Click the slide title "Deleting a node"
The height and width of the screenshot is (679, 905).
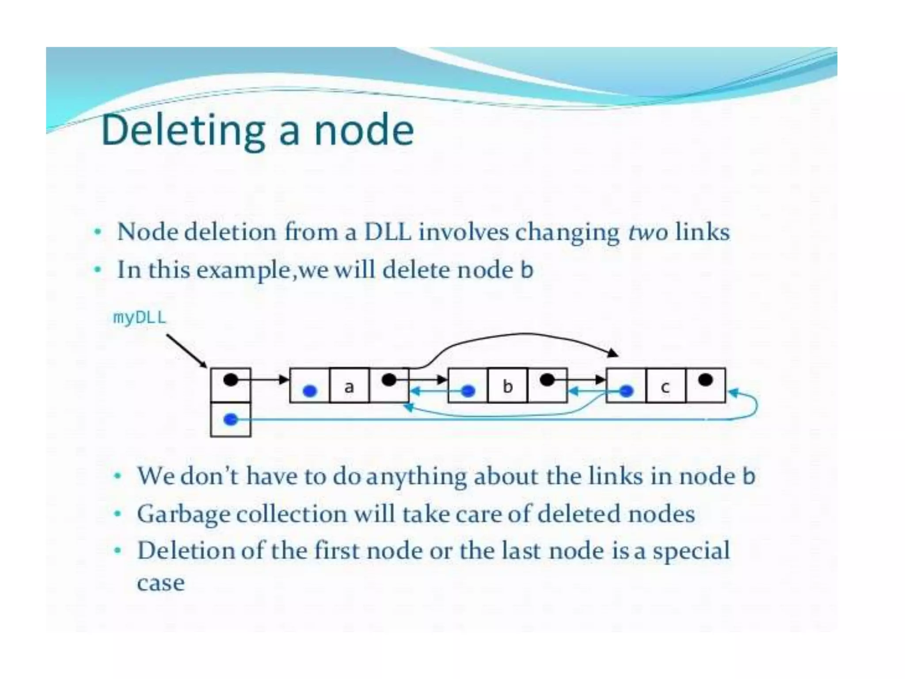point(257,130)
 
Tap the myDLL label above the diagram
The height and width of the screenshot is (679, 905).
point(140,317)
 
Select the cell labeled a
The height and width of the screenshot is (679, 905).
point(349,386)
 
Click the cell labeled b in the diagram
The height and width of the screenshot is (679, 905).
point(507,386)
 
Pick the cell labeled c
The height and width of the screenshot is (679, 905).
point(665,386)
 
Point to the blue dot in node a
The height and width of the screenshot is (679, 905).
point(310,391)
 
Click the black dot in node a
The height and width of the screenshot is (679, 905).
point(389,380)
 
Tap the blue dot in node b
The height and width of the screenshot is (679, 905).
point(468,391)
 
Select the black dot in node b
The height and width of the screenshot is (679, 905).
point(547,380)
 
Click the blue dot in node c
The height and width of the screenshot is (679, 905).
point(626,391)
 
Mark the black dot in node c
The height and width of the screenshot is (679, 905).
point(705,380)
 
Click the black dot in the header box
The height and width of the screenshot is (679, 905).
point(231,380)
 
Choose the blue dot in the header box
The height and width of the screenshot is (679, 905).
point(231,420)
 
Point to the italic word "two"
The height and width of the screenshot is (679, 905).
point(648,233)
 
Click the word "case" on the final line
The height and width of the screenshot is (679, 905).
point(161,583)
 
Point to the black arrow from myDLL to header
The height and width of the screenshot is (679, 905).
point(186,351)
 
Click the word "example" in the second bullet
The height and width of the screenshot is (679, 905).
point(244,270)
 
